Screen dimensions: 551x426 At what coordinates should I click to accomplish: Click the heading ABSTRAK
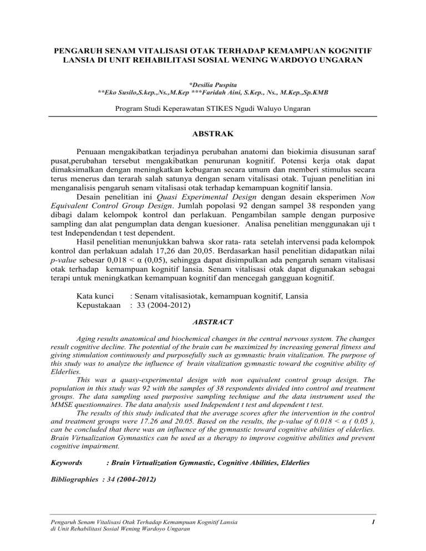click(213, 134)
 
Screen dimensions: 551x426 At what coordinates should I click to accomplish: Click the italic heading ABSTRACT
click(213, 321)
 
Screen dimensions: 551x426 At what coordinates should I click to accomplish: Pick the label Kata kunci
click(95, 295)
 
